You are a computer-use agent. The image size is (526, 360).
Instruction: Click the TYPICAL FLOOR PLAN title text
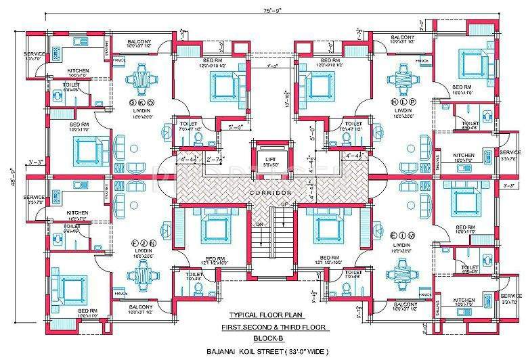tap(264, 316)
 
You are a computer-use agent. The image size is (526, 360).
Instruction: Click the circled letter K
tap(142, 102)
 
